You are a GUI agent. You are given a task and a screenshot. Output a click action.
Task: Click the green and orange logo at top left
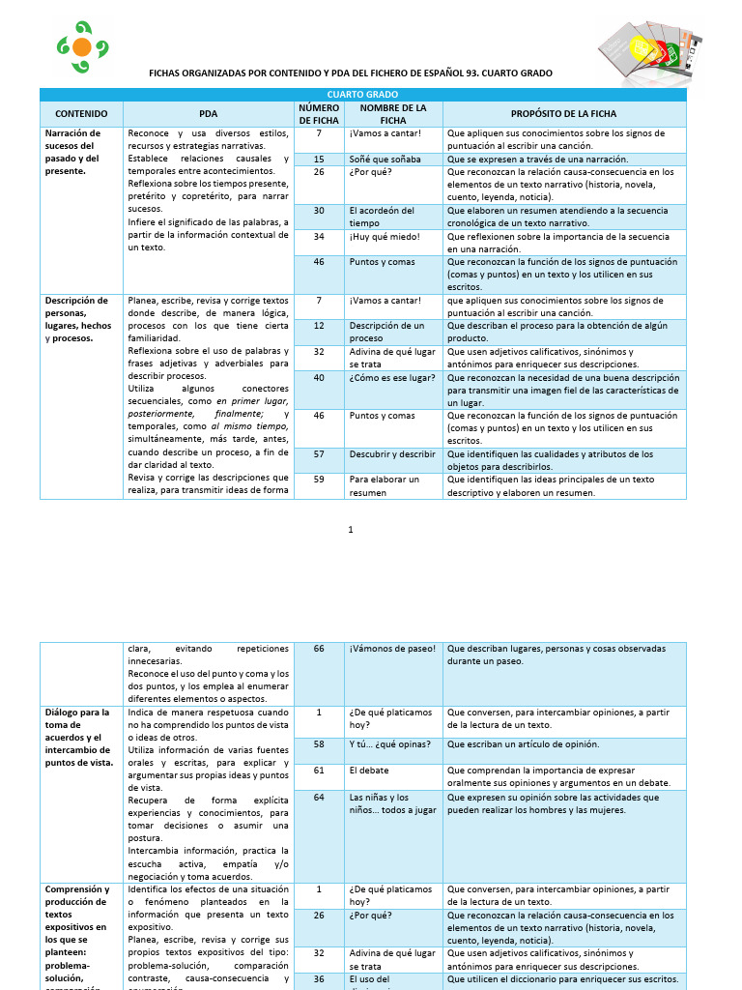(x=82, y=46)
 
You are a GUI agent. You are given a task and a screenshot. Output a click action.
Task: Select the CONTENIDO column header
(x=81, y=114)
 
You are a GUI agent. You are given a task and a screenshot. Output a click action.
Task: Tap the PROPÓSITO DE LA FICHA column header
(x=563, y=114)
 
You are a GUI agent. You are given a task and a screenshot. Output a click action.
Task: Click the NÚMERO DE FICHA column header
(x=318, y=114)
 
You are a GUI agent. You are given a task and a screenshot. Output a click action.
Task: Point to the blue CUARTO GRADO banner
(x=362, y=94)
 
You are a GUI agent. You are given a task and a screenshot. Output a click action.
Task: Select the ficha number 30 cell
(x=319, y=210)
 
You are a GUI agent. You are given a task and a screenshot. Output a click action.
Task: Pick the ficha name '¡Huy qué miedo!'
(x=384, y=236)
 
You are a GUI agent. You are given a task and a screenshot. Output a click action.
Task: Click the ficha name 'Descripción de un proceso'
(x=386, y=332)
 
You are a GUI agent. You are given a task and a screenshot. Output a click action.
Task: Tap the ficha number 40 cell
(x=319, y=378)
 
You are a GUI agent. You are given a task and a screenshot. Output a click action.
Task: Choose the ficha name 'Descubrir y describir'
(x=392, y=453)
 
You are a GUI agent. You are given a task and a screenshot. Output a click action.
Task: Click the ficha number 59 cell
(x=319, y=479)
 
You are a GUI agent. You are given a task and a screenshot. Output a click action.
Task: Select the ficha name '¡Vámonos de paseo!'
(x=392, y=649)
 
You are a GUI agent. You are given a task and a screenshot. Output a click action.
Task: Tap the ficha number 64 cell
(x=319, y=797)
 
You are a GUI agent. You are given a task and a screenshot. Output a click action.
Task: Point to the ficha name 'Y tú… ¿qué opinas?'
(x=389, y=744)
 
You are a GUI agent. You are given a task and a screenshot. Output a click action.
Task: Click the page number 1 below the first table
(x=351, y=530)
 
